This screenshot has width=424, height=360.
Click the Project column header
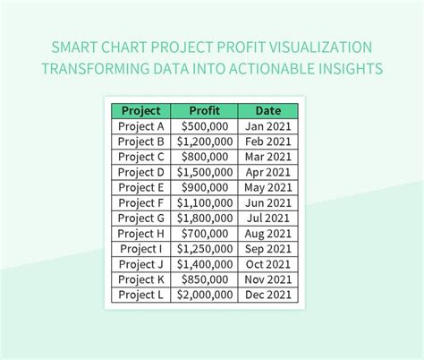(x=141, y=111)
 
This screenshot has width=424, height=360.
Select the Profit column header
(x=205, y=111)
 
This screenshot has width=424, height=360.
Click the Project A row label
(x=141, y=126)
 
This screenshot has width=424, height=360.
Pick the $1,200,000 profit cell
(x=205, y=141)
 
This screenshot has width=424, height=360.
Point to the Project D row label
(x=141, y=172)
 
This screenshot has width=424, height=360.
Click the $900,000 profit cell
(x=205, y=187)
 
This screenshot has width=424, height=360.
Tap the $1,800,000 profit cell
(x=205, y=218)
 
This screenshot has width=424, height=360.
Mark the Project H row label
(x=141, y=233)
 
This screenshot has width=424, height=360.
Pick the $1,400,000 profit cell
(x=205, y=263)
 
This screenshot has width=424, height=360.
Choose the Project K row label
(x=141, y=279)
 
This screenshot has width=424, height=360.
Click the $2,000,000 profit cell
(x=205, y=294)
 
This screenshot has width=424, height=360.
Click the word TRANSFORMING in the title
(x=98, y=69)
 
